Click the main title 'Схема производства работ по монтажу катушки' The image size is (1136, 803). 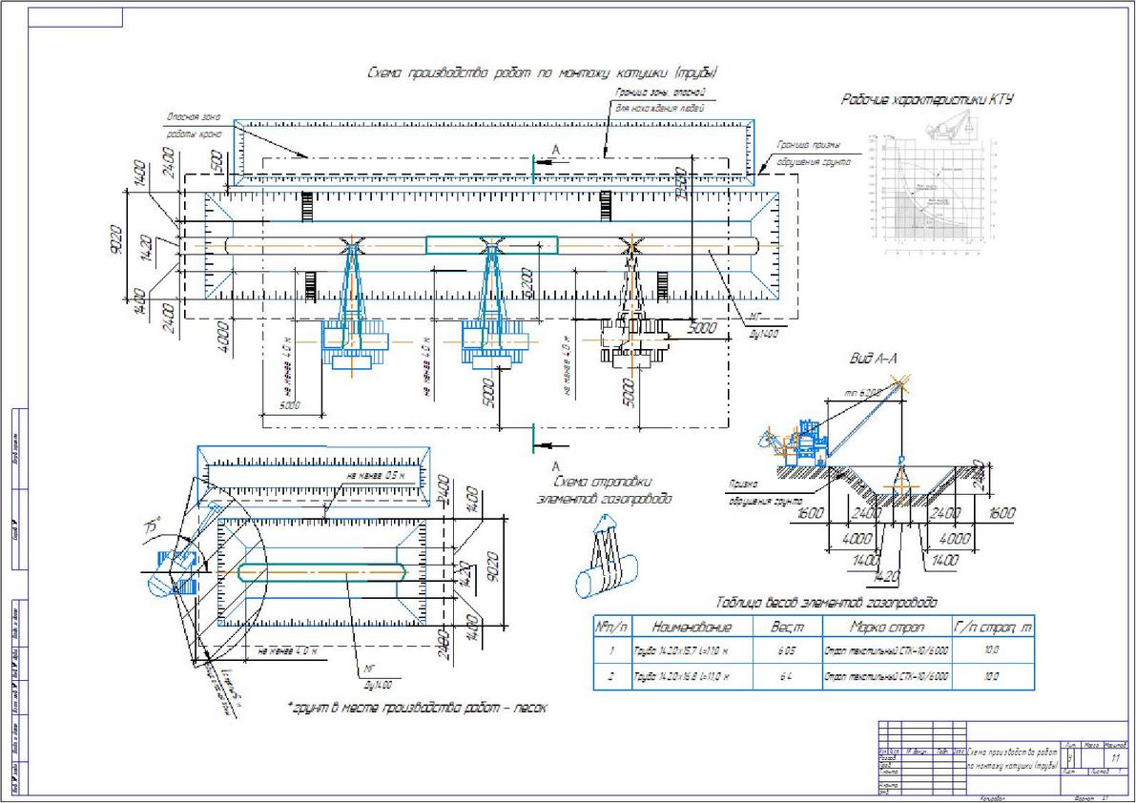[541, 73]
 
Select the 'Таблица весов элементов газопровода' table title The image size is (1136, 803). [826, 603]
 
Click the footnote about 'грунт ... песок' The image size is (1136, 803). [417, 709]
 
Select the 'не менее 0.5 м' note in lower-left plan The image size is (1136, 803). [376, 475]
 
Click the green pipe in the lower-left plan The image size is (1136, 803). [321, 572]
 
